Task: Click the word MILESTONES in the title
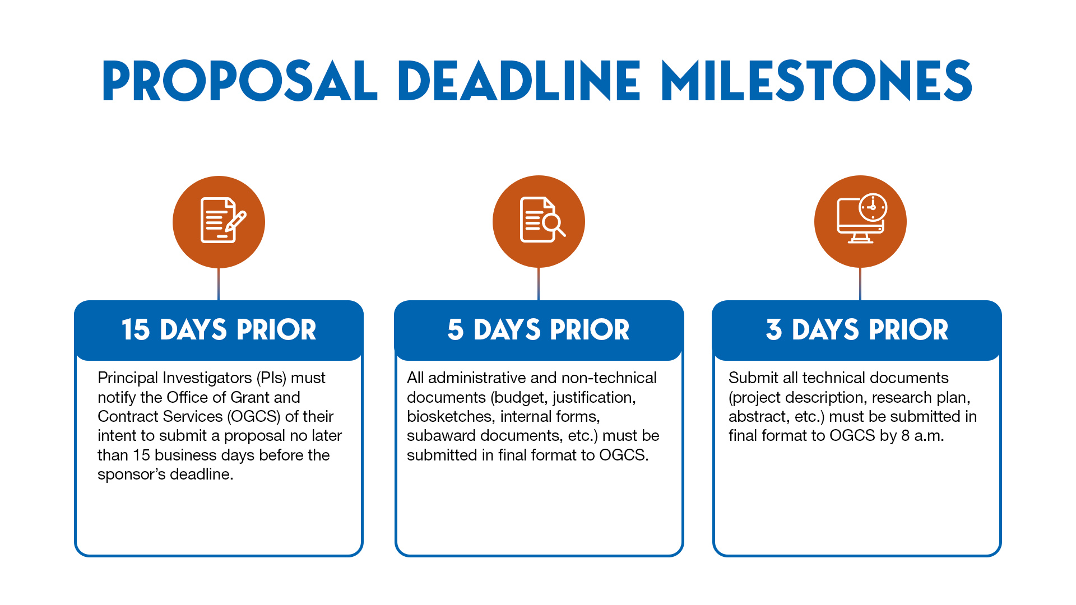(817, 81)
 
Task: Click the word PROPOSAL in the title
(240, 81)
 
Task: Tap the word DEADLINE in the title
(519, 81)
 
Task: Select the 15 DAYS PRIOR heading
(219, 329)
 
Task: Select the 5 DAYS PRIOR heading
(539, 329)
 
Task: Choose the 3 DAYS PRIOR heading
(857, 329)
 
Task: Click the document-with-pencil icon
(219, 222)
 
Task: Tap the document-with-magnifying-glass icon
(539, 221)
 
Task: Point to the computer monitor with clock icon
(860, 221)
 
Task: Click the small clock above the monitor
(873, 207)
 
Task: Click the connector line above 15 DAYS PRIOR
(219, 284)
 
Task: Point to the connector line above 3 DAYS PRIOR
(860, 284)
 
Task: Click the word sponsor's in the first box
(131, 474)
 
